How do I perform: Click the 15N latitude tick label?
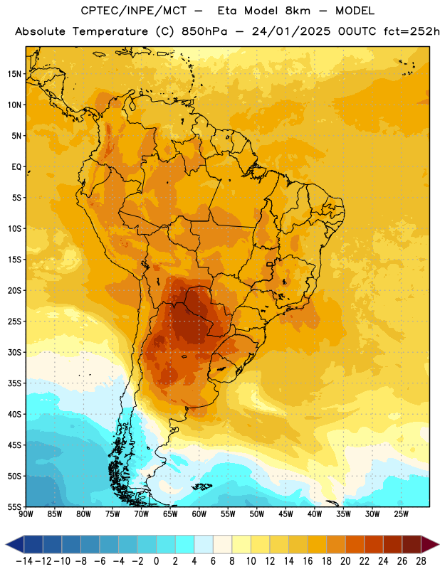(14, 74)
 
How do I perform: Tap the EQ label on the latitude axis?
(16, 167)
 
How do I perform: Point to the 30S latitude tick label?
(14, 352)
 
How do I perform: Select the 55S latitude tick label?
(14, 507)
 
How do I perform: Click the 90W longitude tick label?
(26, 514)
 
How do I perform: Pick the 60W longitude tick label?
(199, 514)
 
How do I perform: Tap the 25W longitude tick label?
(401, 514)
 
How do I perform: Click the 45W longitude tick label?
(286, 514)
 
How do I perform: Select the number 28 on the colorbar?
(421, 561)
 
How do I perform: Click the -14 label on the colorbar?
(24, 561)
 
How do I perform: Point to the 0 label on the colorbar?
(156, 561)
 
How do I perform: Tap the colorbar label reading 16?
(308, 561)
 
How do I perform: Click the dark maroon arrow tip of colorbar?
(430, 544)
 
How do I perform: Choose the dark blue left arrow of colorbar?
(15, 544)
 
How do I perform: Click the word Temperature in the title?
(110, 31)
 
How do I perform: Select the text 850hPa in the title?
(204, 31)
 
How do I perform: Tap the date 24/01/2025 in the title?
(291, 31)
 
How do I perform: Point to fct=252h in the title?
(412, 31)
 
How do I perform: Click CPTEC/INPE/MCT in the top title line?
(134, 11)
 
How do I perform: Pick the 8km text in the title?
(298, 11)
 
